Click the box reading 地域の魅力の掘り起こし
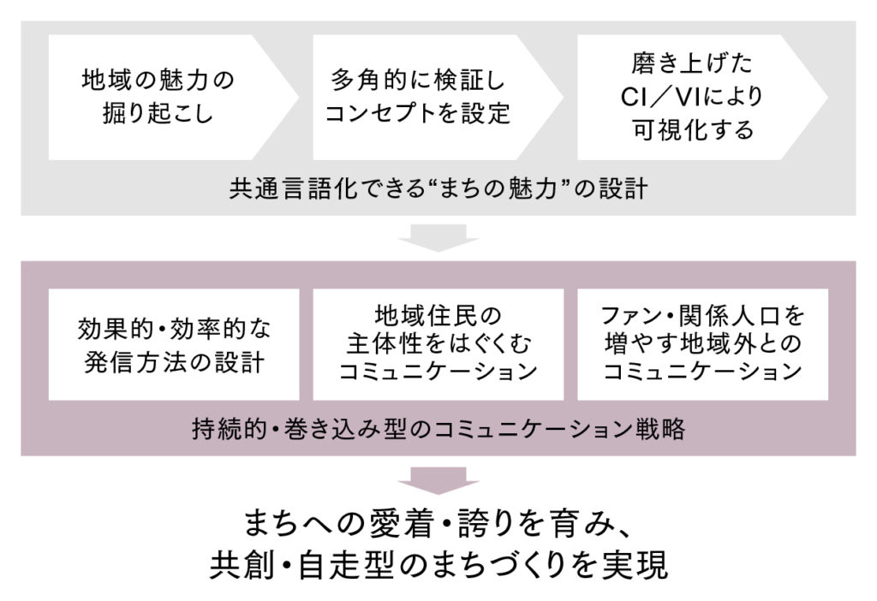point(158,97)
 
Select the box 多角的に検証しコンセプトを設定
point(420,97)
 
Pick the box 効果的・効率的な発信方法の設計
point(174,344)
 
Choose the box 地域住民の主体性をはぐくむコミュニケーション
point(438,344)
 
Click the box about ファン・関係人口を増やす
point(702,344)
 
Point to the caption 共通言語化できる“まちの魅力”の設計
point(438,188)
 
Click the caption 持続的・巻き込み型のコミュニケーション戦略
point(438,429)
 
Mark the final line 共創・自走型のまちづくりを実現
point(438,567)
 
